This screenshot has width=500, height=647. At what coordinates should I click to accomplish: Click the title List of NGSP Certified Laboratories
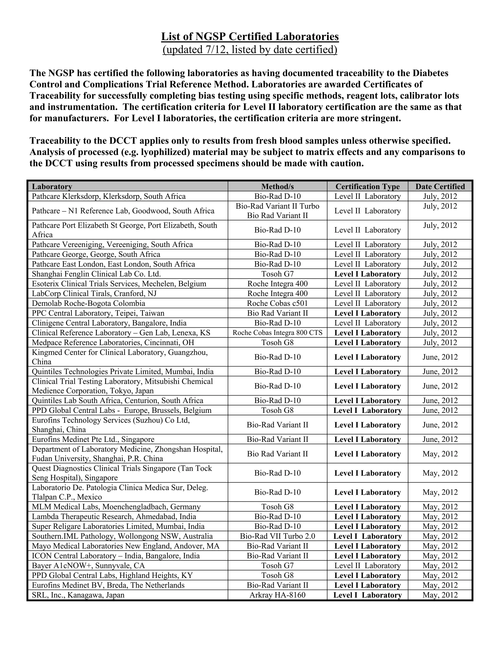click(x=250, y=37)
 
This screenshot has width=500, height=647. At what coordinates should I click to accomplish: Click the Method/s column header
click(x=277, y=186)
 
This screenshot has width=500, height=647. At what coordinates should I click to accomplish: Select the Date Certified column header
click(x=440, y=186)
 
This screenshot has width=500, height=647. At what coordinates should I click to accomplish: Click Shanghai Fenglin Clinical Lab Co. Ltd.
click(x=96, y=274)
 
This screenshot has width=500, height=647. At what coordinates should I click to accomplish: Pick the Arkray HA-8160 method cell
click(x=277, y=595)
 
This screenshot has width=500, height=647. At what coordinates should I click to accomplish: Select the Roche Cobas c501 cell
click(x=277, y=303)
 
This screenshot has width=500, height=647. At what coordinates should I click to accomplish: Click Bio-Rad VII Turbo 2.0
click(x=277, y=536)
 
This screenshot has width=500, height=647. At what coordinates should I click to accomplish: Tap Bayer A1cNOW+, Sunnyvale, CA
click(x=88, y=565)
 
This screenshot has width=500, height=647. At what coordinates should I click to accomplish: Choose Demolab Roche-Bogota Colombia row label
click(x=88, y=303)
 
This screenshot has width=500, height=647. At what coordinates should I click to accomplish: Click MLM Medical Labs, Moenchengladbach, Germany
click(x=116, y=507)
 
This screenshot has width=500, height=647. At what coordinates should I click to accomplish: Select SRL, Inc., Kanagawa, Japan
click(x=78, y=595)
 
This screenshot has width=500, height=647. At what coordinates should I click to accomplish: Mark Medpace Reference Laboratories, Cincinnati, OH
click(x=113, y=343)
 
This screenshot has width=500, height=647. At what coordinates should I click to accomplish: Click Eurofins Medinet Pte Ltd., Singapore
click(x=93, y=439)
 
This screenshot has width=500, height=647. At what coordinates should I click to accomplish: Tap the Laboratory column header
click(x=52, y=186)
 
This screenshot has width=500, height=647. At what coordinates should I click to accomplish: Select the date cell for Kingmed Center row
click(x=440, y=357)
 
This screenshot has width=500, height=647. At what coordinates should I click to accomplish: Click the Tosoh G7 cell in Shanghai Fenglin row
click(x=277, y=274)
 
